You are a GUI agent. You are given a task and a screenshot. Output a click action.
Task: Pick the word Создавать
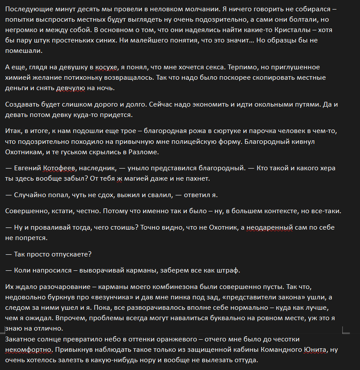[x=22, y=104]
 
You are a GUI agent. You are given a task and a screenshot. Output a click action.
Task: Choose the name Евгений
[x=29, y=168]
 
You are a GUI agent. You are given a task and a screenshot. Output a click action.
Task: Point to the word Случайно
[x=31, y=195]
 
